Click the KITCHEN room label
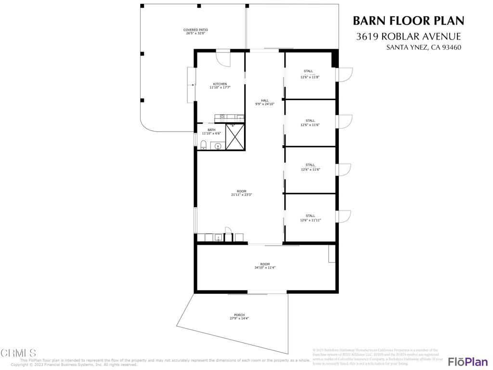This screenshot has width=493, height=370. [220, 84]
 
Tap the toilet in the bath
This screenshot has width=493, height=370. [203, 145]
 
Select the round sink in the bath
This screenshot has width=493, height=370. [218, 145]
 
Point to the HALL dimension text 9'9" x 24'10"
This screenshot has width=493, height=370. [265, 104]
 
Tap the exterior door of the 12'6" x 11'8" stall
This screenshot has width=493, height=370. [345, 74]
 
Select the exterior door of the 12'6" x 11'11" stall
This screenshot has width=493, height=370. [345, 217]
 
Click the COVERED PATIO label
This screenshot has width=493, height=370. [195, 30]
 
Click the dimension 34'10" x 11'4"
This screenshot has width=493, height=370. [265, 267]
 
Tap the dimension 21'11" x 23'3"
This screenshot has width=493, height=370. [242, 195]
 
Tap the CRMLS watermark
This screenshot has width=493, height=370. [18, 353]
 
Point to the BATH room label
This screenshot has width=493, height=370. [211, 130]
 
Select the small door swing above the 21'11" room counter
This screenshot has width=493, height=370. [229, 231]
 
